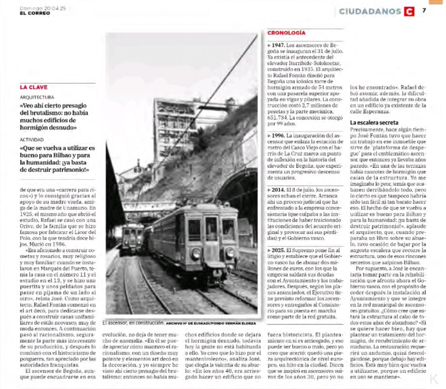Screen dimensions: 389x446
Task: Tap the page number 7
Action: pos(424,10)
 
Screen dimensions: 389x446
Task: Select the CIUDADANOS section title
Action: pos(370,11)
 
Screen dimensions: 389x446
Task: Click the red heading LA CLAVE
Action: pos(33,87)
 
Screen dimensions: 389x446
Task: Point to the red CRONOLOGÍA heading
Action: pos(287,33)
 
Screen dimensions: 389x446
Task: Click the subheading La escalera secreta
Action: pos(374,123)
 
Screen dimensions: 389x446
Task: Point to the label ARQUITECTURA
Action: pos(37,97)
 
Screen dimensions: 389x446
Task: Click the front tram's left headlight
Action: pos(196,253)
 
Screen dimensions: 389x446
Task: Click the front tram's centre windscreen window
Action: pos(211,229)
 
